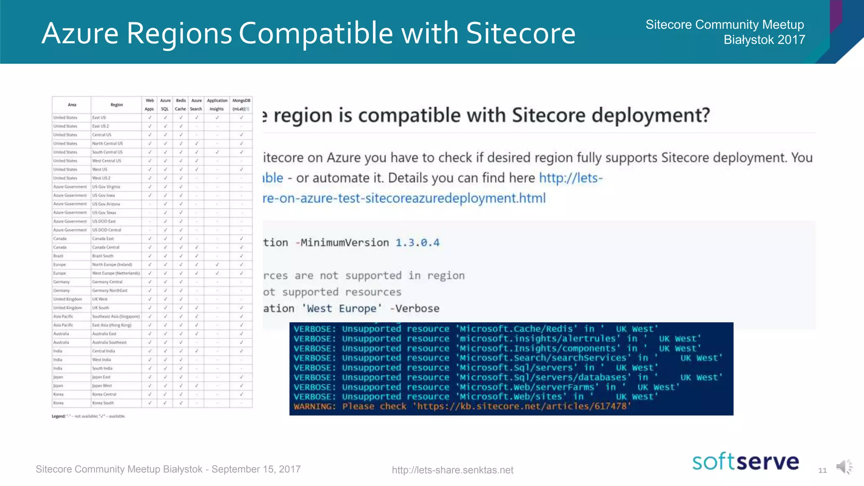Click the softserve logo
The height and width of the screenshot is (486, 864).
point(745,462)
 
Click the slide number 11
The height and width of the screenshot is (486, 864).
point(822,470)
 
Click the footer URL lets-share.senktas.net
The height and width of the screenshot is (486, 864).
point(452,470)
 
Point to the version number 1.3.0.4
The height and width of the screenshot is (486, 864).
point(417,243)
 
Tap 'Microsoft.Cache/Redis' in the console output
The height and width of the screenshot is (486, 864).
point(516,329)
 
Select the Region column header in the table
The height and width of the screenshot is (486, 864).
point(116,105)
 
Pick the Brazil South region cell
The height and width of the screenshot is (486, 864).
point(103,256)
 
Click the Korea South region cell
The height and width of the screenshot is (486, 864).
point(103,403)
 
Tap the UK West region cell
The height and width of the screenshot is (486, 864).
point(100,299)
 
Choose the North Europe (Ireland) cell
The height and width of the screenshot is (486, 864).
point(112,265)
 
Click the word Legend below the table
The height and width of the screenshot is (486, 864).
point(58,416)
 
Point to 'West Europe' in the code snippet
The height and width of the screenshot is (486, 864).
point(342,309)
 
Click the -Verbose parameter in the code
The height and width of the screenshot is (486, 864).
point(415,309)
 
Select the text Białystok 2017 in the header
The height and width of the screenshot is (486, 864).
point(764,40)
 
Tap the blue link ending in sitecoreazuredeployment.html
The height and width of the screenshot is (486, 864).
point(404,198)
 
